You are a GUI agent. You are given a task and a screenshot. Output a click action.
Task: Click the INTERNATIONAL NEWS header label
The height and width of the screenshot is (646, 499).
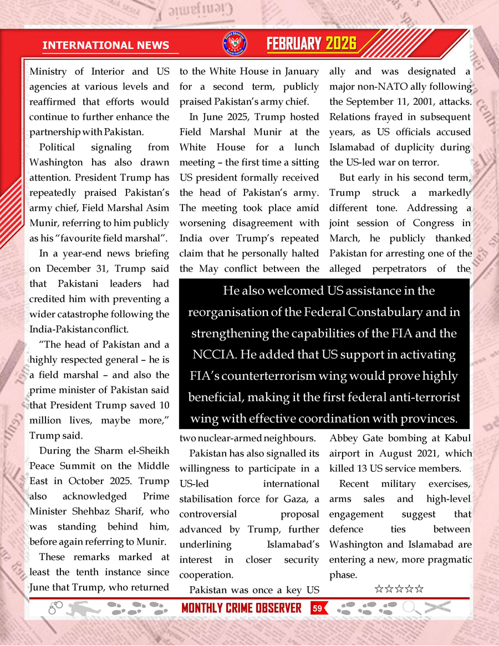point(110,45)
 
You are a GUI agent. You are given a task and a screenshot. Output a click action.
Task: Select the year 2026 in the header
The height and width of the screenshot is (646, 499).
point(340,44)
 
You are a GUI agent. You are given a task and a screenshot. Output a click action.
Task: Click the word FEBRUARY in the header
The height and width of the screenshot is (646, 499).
point(294,44)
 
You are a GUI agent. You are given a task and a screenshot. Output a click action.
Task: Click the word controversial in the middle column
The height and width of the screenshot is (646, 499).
point(208,514)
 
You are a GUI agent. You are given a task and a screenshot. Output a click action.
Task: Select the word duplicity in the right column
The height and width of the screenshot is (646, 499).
point(415,147)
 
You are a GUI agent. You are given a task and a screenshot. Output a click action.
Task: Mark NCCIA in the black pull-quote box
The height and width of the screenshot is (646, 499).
point(216,355)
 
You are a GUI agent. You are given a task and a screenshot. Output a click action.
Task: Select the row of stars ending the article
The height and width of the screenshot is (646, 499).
point(399,588)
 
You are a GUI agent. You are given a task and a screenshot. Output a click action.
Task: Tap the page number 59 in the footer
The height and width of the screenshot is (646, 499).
point(317,609)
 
